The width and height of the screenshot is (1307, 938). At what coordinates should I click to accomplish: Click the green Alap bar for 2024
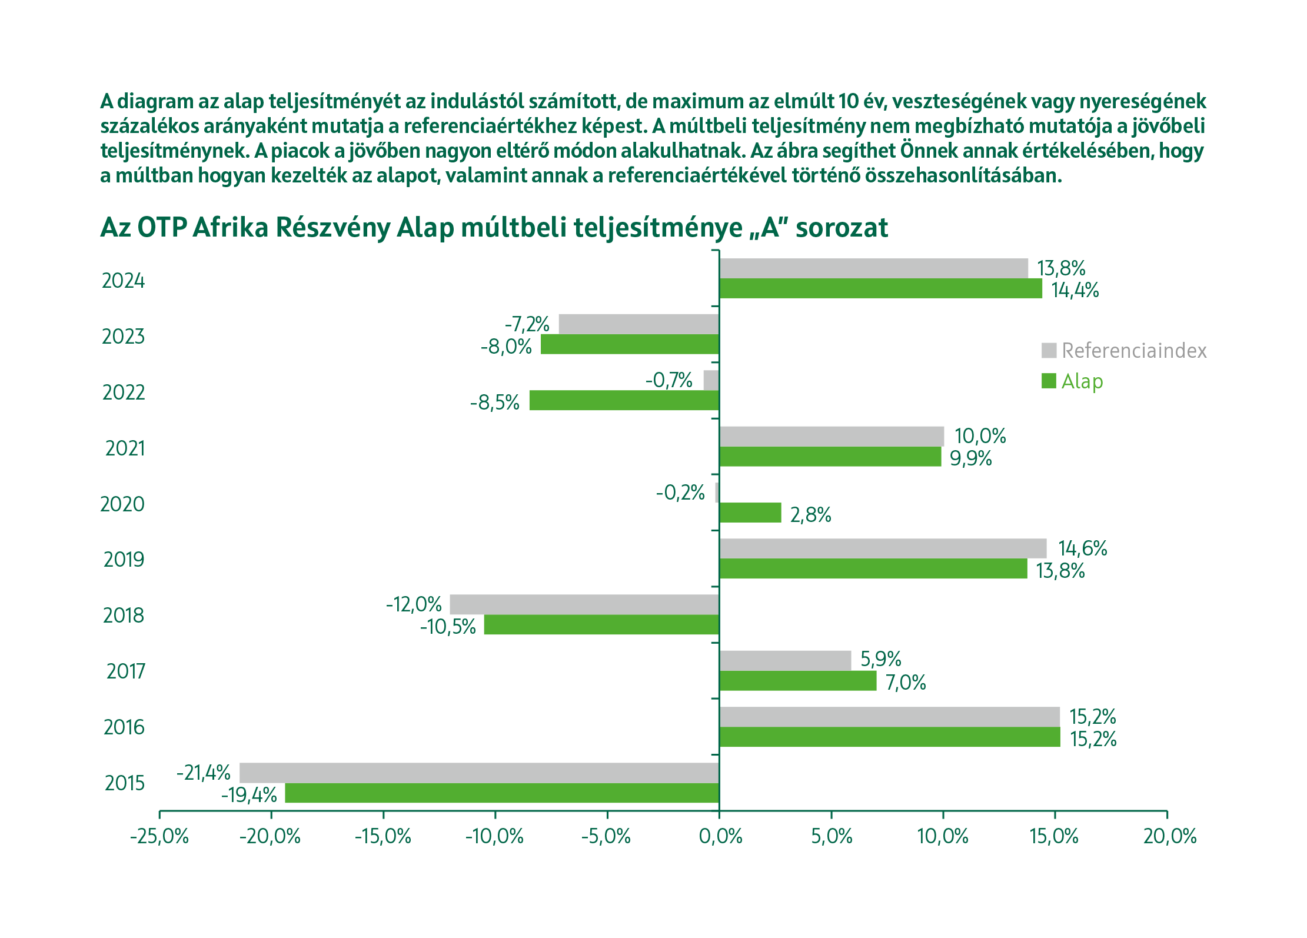coord(880,288)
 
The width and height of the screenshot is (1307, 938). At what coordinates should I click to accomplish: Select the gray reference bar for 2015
coord(479,772)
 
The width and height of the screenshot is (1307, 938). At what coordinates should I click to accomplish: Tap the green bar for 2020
coord(750,513)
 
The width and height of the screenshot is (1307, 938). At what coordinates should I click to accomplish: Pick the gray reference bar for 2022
coord(711,380)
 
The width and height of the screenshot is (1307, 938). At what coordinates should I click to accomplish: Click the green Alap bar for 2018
coord(601,624)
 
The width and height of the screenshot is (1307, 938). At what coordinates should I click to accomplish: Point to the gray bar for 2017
coord(785,660)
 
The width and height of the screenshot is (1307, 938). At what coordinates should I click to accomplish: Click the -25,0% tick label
coord(159,836)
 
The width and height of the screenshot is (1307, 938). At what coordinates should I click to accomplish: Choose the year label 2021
coord(125,448)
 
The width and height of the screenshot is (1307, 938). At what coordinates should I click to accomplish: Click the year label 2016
coord(124,727)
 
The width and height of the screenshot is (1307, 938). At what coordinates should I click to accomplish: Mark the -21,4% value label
coord(204,772)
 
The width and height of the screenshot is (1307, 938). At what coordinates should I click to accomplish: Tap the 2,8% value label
coord(810,515)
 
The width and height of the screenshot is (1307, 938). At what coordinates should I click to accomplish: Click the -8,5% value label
coord(494,403)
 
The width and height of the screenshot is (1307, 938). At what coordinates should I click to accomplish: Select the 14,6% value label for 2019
coord(1082,548)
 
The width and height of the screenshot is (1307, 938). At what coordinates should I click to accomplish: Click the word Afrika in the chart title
coord(230,228)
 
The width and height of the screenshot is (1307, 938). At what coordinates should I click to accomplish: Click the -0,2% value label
coord(680,492)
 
